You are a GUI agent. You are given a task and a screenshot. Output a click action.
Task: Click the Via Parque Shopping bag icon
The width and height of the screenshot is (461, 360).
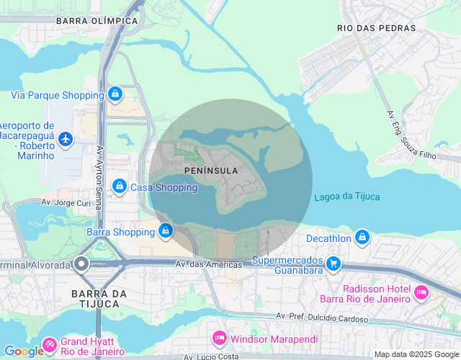coord(115,94)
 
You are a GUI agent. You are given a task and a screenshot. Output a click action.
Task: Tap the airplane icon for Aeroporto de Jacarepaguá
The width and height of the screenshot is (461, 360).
coord(66,138)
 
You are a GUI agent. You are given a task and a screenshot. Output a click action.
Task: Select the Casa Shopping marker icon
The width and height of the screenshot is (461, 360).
coord(120,187)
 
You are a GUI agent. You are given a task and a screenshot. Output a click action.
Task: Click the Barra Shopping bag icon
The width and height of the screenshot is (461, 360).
coord(166,231)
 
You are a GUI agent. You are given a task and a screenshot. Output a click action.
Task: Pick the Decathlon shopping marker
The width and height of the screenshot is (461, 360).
coord(362,237)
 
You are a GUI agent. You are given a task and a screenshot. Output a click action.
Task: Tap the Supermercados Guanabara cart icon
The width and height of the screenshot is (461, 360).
coord(333,264)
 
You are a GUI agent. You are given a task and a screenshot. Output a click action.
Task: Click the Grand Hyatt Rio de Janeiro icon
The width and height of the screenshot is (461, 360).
coord(50,345)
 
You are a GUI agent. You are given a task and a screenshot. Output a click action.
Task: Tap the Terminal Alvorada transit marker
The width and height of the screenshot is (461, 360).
coord(81,264)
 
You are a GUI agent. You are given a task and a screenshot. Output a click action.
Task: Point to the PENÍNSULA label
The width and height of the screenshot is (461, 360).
coord(211,170)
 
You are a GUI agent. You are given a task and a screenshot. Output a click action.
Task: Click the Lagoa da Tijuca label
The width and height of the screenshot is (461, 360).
coord(346,197)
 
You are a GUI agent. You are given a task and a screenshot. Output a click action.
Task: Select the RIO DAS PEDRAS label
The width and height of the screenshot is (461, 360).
coord(376,28)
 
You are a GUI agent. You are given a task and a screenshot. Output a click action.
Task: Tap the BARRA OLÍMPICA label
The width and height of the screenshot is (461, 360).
coord(97,21)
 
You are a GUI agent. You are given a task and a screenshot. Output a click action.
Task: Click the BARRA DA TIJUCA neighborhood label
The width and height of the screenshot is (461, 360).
coord(99,299)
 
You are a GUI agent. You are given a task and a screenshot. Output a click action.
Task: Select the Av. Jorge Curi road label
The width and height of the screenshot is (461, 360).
coord(66,203)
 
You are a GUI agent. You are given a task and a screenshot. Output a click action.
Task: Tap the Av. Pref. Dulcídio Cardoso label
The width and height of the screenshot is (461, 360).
coord(322,317)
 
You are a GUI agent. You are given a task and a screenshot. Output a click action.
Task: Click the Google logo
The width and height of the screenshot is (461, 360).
coord(24,351)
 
